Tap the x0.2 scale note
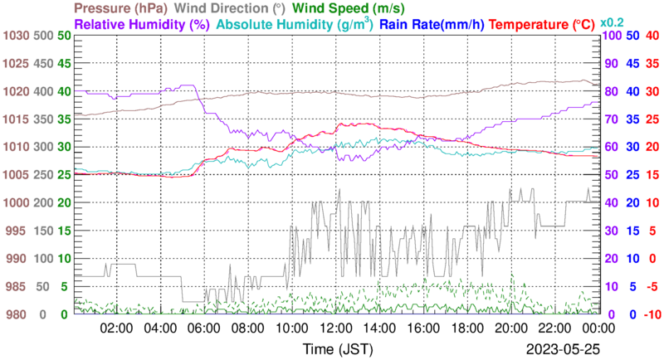click(613, 22)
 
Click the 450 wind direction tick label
click(43, 64)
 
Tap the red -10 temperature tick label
click(651, 314)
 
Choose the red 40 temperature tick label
click(652, 36)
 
